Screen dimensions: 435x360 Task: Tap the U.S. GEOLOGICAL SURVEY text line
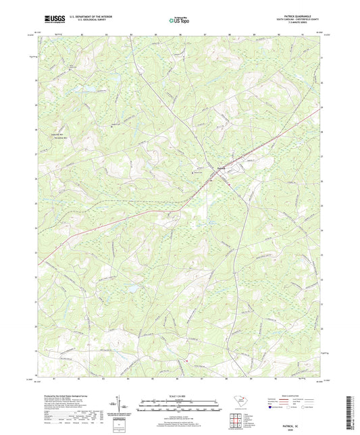point(88,21)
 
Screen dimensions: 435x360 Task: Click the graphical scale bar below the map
point(179,407)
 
